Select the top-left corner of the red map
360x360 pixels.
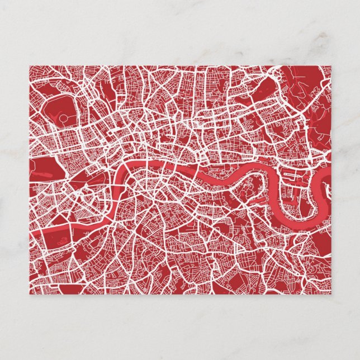[x=30, y=66]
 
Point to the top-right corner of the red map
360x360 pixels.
[x=331, y=66]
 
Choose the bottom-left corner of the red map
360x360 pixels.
[x=30, y=294]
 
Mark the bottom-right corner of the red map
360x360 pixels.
[x=331, y=294]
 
